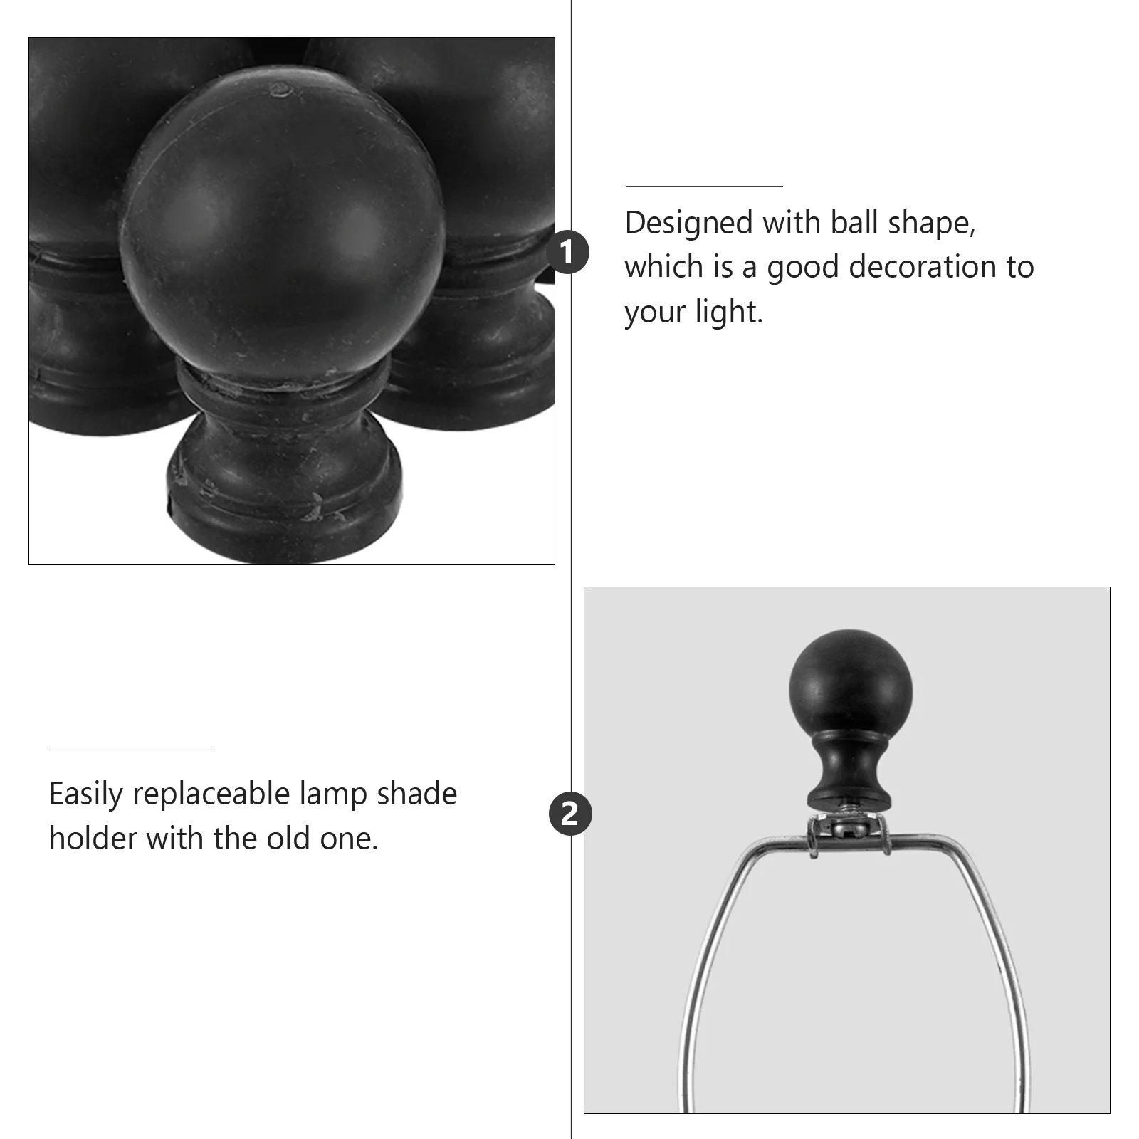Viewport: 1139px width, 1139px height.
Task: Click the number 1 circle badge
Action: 567,253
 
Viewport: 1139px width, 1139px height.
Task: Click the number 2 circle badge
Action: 569,813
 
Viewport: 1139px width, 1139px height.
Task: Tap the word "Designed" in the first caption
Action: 688,223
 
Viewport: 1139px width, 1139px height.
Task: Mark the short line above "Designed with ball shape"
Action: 703,187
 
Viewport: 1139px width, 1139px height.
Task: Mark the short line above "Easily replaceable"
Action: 130,750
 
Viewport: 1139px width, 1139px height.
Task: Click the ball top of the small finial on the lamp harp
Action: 850,683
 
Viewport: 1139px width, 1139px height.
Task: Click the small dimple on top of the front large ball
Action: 280,89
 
